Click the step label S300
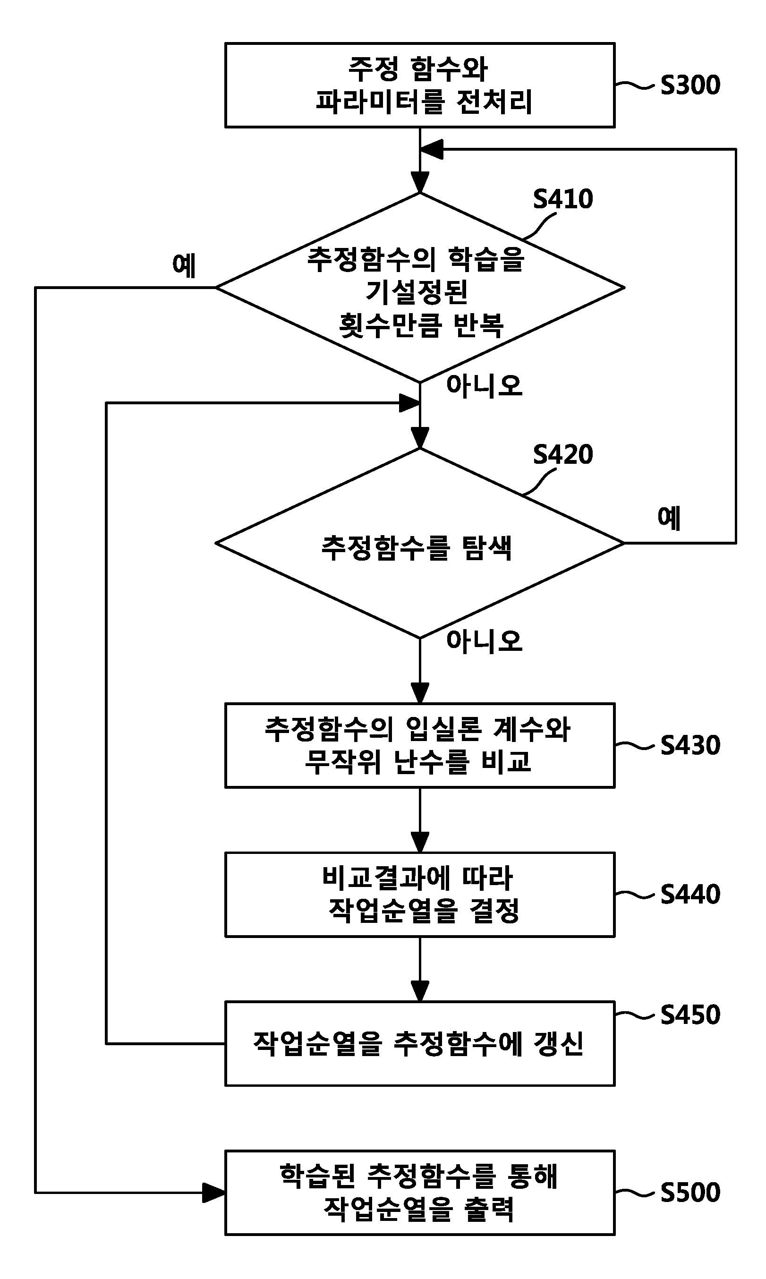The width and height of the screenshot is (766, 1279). pyautogui.click(x=690, y=85)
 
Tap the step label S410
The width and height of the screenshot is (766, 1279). pyautogui.click(x=562, y=199)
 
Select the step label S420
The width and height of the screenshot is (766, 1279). pyautogui.click(x=562, y=454)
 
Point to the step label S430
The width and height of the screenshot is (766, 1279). pyautogui.click(x=690, y=745)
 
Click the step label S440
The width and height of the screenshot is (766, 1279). pyautogui.click(x=690, y=895)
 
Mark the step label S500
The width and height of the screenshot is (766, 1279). pyautogui.click(x=690, y=1192)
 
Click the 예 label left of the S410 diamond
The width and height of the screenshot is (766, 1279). pyautogui.click(x=184, y=265)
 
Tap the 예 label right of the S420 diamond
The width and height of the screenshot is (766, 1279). pyautogui.click(x=669, y=518)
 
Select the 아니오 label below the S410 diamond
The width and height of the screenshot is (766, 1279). pyautogui.click(x=484, y=385)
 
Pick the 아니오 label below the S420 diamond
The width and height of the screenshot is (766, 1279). pyautogui.click(x=484, y=641)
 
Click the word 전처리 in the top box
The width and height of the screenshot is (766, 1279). pyautogui.click(x=494, y=102)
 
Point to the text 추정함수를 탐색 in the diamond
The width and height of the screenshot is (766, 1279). pyautogui.click(x=417, y=547)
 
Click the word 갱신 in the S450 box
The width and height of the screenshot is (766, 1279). pyautogui.click(x=559, y=1044)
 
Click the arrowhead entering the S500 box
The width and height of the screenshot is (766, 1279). pyautogui.click(x=214, y=1192)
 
